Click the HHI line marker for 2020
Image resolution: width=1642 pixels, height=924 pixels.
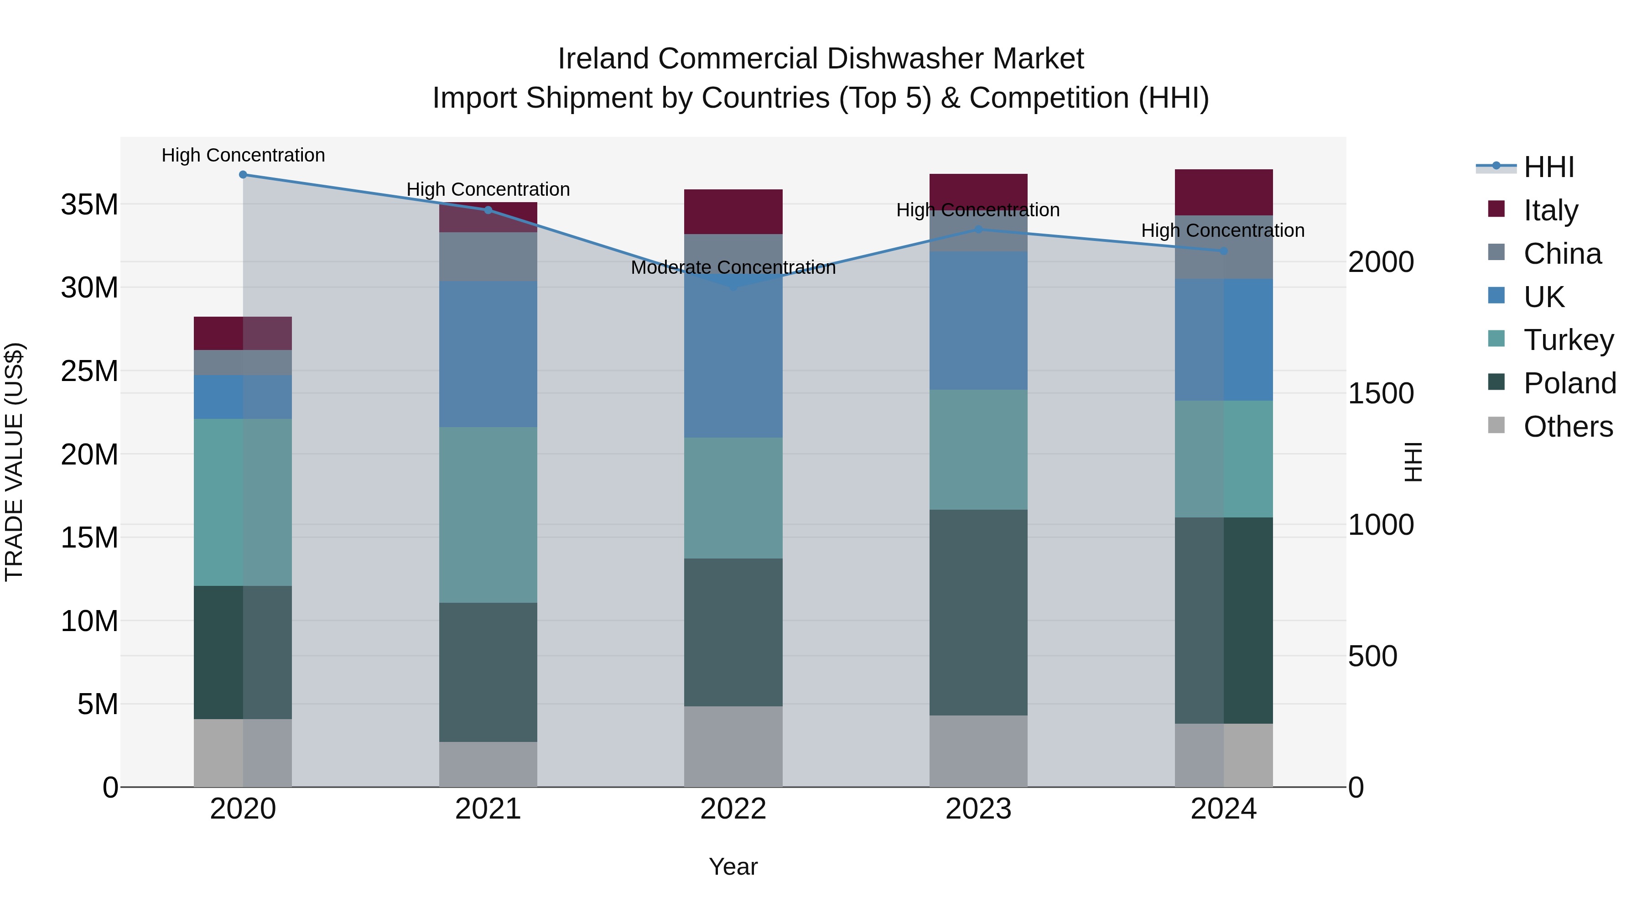click(243, 175)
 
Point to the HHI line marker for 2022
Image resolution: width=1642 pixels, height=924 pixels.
click(733, 286)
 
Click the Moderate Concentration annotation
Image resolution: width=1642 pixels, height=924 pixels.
click(733, 268)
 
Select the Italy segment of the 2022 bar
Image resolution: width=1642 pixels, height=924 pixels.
click(733, 212)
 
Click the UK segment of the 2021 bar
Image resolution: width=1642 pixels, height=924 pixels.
click(488, 354)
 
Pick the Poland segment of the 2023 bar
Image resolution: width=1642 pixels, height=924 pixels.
click(978, 612)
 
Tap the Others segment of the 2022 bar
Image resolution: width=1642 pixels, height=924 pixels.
click(733, 746)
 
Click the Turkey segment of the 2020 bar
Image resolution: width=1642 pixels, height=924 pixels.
click(243, 502)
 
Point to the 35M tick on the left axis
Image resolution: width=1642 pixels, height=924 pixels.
click(89, 205)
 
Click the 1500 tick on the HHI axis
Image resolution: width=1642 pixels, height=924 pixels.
click(1381, 393)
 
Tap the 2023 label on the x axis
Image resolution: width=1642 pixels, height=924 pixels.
click(978, 809)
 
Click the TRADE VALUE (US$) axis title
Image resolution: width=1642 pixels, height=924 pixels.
click(14, 462)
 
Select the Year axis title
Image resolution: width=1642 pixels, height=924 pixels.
click(733, 867)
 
